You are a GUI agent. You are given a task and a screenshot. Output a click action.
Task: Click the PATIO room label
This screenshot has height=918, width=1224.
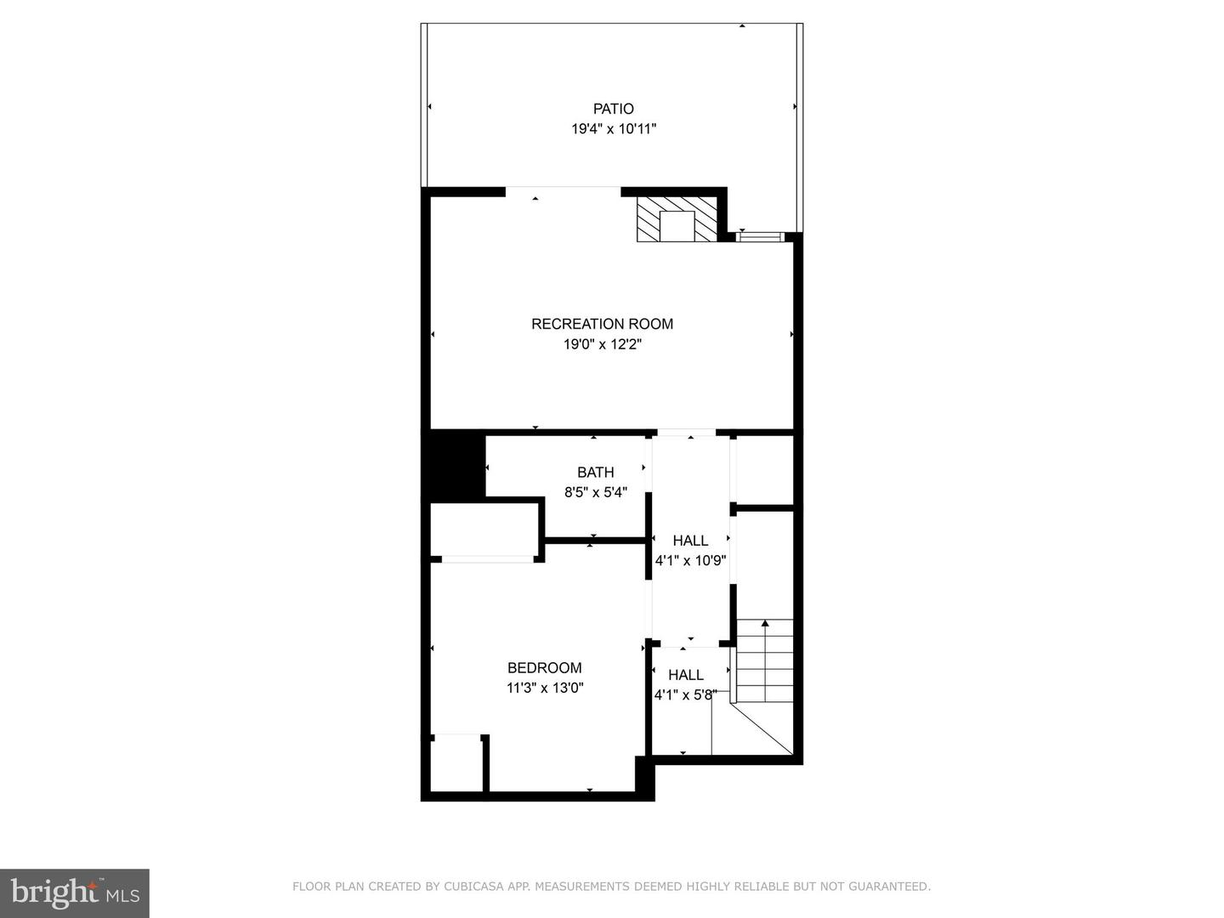613,109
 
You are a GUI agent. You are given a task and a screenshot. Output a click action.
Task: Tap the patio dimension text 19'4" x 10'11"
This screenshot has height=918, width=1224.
614,129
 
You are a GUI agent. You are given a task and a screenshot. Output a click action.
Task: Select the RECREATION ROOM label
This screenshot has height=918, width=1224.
602,324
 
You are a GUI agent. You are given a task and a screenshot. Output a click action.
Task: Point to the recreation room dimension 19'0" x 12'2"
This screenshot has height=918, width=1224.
603,344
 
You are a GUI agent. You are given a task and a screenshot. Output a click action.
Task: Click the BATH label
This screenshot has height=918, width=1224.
596,472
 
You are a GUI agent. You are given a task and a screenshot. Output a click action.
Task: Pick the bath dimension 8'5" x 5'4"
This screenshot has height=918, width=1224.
596,492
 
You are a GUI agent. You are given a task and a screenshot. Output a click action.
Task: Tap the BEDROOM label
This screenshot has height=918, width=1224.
544,667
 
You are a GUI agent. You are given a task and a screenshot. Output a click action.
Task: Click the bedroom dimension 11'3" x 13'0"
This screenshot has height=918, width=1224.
545,688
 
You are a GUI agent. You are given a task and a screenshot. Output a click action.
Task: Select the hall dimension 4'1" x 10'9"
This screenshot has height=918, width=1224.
690,560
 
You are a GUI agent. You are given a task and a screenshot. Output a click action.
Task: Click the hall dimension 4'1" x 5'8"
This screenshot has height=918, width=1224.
685,695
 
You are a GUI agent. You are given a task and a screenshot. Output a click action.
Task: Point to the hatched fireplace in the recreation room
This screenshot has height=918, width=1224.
677,218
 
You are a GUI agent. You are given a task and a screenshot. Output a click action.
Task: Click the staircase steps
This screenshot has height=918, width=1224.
765,661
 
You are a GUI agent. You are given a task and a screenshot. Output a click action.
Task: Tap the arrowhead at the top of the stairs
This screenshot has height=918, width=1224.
765,622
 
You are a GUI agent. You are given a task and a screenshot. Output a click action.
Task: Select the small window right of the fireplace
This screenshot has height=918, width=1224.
760,237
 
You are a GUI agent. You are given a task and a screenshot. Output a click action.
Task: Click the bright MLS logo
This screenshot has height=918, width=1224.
75,892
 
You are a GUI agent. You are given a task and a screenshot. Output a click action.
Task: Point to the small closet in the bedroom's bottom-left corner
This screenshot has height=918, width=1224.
456,763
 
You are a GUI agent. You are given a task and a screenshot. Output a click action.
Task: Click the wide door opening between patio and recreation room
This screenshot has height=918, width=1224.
564,192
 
